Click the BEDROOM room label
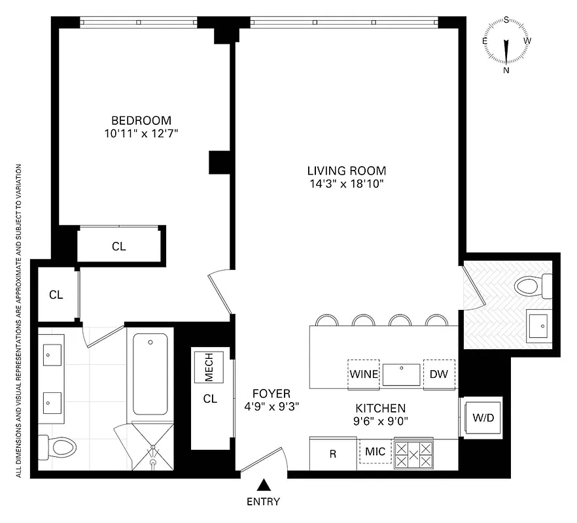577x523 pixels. click(141, 120)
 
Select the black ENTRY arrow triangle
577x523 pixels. click(263, 484)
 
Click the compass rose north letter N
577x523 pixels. click(506, 70)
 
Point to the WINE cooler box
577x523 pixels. click(364, 375)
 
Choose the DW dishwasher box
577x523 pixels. click(438, 375)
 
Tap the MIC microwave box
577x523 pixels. click(376, 451)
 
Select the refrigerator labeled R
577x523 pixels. click(332, 454)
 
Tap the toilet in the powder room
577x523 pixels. click(531, 286)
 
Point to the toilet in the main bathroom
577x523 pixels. click(59, 447)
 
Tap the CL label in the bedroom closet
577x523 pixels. click(118, 246)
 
